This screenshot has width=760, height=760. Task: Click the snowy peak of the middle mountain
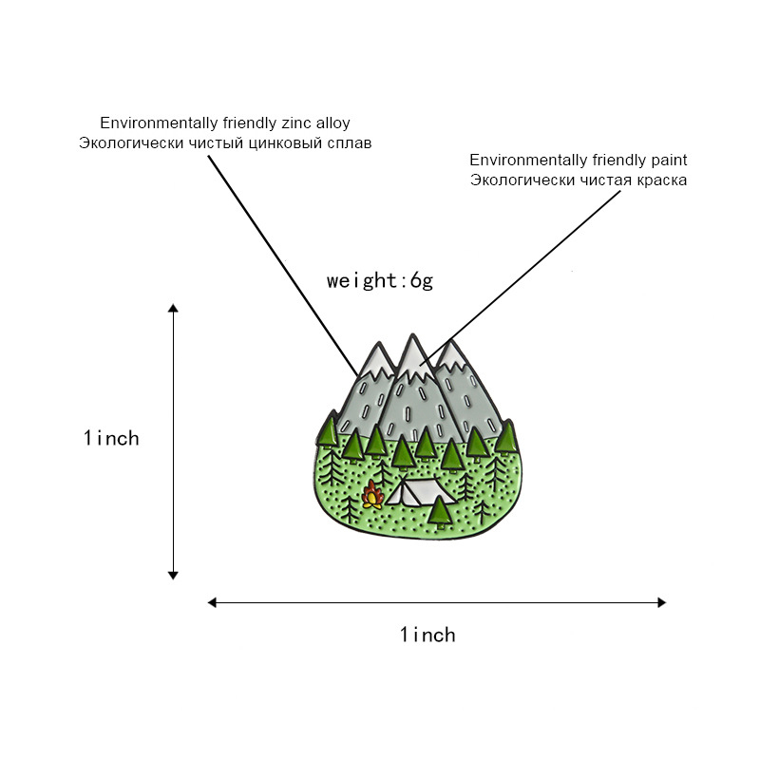click(411, 353)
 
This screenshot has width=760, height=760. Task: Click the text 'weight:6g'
click(379, 280)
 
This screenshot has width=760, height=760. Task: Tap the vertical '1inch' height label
click(111, 438)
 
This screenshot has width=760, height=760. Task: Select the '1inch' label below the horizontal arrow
click(427, 634)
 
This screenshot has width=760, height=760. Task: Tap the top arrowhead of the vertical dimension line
click(173, 309)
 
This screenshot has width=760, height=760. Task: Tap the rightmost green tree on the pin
click(505, 436)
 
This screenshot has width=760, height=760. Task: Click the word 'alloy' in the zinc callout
click(332, 123)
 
